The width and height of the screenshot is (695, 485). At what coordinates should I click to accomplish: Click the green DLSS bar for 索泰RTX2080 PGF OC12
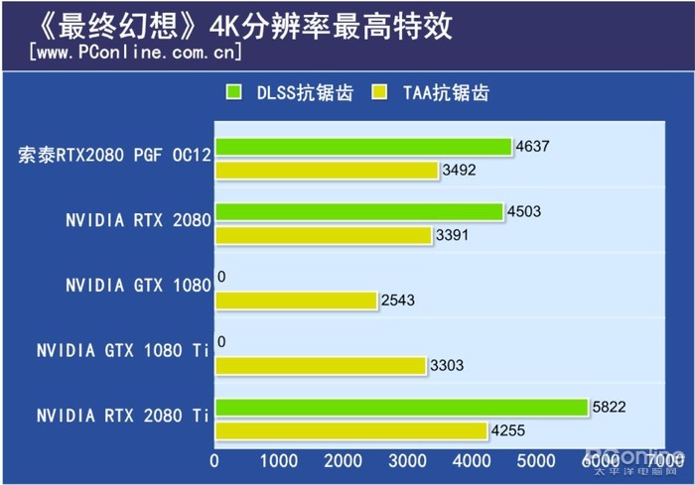(x=362, y=147)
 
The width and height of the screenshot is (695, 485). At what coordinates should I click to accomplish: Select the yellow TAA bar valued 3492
(x=327, y=171)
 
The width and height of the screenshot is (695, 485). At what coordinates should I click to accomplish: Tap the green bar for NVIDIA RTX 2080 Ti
(x=401, y=407)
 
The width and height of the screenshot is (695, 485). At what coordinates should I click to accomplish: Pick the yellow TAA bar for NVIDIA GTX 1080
(x=296, y=300)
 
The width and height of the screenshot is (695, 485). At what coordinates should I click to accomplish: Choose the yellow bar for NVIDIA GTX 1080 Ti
(x=320, y=365)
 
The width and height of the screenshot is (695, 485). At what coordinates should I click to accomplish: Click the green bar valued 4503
(x=358, y=211)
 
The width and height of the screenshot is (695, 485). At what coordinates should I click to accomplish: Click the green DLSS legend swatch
(x=234, y=93)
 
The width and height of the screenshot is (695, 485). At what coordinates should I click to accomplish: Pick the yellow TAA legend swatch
(x=378, y=93)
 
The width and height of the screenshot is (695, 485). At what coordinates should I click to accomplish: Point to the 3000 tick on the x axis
(x=407, y=462)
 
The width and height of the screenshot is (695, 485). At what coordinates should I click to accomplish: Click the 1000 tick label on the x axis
(x=279, y=462)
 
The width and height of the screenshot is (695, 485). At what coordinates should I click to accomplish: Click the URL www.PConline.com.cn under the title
(x=135, y=50)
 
